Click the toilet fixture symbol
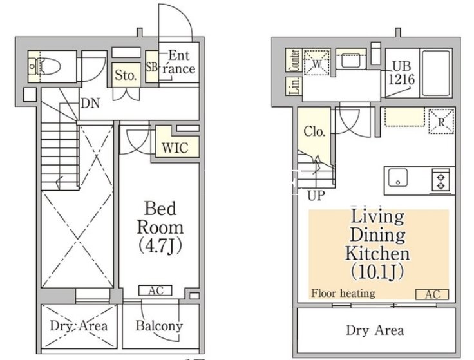click(44, 66)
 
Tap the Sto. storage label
click(126, 75)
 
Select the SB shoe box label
click(151, 67)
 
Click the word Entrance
click(179, 62)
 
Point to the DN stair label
click(90, 104)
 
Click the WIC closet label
click(175, 147)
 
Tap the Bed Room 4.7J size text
click(160, 246)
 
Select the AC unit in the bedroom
click(155, 290)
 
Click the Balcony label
click(159, 325)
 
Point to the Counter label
click(294, 61)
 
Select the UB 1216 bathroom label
click(401, 73)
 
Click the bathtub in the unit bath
click(436, 73)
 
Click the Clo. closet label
click(314, 131)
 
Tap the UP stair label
click(316, 196)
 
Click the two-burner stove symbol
click(441, 180)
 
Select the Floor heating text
click(343, 293)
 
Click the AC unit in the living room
click(432, 294)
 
